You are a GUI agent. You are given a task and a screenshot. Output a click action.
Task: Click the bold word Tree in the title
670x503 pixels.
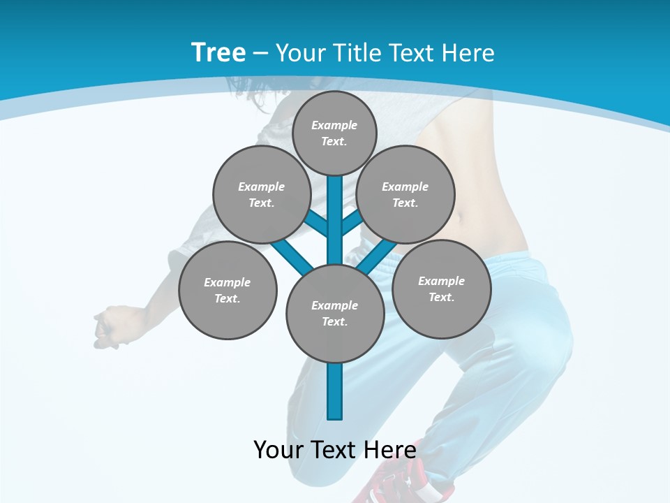pos(218,53)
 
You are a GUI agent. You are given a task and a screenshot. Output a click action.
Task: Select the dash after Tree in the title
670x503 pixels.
pos(260,53)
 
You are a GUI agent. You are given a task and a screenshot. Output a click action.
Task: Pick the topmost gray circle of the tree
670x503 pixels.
pos(334,133)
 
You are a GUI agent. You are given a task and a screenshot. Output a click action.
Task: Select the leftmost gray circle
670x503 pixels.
pos(228,290)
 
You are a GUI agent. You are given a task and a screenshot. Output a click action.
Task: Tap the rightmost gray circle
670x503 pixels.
pos(441,289)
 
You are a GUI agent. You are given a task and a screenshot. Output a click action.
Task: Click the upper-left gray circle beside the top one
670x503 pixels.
pos(262,194)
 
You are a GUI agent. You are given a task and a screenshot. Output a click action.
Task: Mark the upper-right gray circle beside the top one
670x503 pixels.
pos(405,194)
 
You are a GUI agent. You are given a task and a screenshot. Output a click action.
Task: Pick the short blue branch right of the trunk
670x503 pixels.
pos(351,222)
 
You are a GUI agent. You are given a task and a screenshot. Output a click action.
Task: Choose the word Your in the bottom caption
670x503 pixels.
pos(278,450)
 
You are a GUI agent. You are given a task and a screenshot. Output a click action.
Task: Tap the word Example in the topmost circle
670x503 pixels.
pos(334,125)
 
